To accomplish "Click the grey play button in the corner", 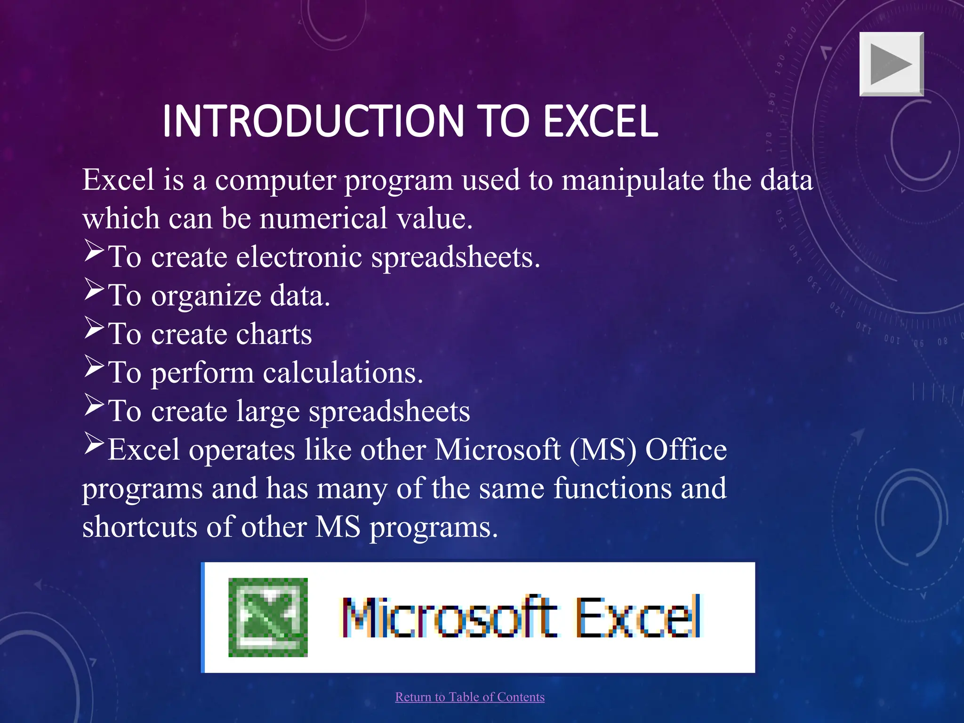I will pyautogui.click(x=892, y=64).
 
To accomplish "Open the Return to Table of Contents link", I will pyautogui.click(x=470, y=697).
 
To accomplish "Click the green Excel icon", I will pyautogui.click(x=268, y=617).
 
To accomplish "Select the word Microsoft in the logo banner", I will pyautogui.click(x=450, y=617).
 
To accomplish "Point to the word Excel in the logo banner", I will pyautogui.click(x=638, y=617).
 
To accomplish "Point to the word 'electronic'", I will pyautogui.click(x=299, y=257).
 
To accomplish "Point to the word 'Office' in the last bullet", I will pyautogui.click(x=686, y=450).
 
